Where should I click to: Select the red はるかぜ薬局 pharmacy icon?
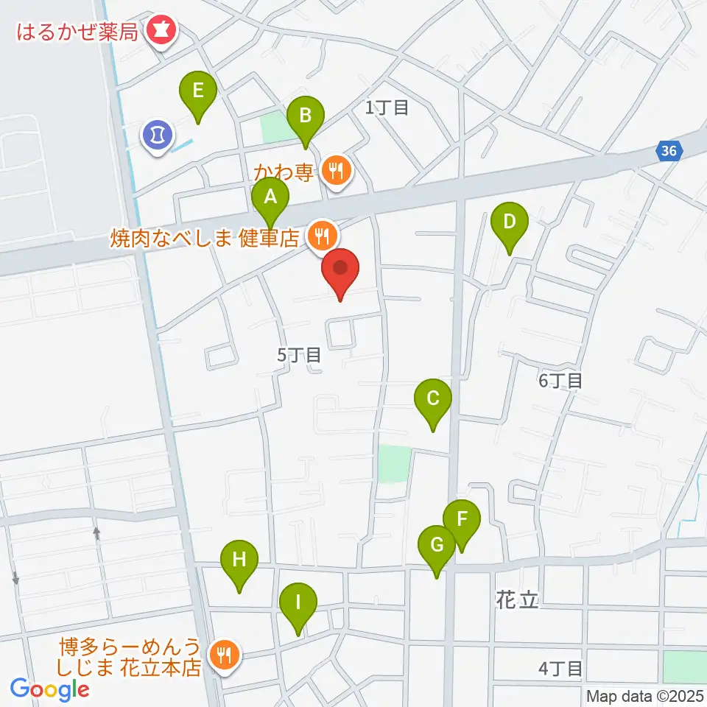click(x=159, y=30)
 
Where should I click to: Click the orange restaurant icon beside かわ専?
click(x=337, y=172)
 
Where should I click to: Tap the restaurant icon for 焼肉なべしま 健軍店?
click(x=321, y=236)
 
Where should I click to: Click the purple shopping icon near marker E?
click(x=157, y=135)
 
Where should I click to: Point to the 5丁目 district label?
click(x=299, y=355)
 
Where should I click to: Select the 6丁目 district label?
click(x=561, y=380)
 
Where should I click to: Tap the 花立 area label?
click(x=518, y=600)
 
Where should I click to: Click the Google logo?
click(x=50, y=689)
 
